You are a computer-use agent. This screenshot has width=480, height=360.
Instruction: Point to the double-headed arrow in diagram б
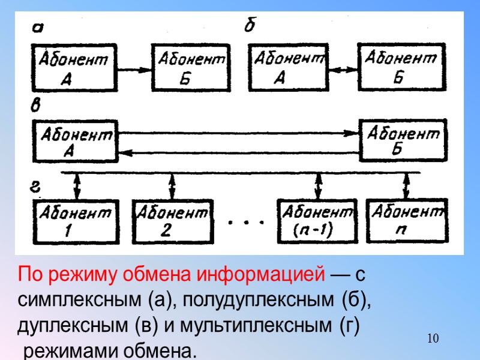point(341,68)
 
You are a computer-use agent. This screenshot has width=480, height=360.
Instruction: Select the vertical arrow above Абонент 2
point(173,187)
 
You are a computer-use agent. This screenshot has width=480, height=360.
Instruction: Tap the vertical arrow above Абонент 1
point(76,187)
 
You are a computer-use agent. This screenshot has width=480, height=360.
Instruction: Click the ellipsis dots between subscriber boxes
point(247,223)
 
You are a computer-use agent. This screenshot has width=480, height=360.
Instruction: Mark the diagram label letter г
point(36,187)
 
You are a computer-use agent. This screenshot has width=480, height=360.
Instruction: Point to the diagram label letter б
point(250,26)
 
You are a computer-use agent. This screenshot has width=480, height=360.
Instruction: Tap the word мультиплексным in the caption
point(266,326)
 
